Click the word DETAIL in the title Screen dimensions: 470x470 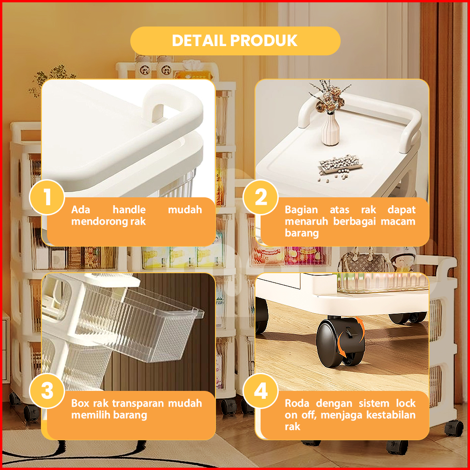tap(199, 40)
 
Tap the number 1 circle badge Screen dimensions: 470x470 tap(47, 197)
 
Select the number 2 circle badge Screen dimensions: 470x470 tap(261, 197)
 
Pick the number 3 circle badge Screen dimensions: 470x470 tap(47, 391)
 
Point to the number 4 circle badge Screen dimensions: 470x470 tap(261, 391)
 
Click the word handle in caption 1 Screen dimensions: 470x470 tap(129, 209)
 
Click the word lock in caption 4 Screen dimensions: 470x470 tap(406, 403)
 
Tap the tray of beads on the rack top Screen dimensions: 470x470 tap(340, 164)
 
